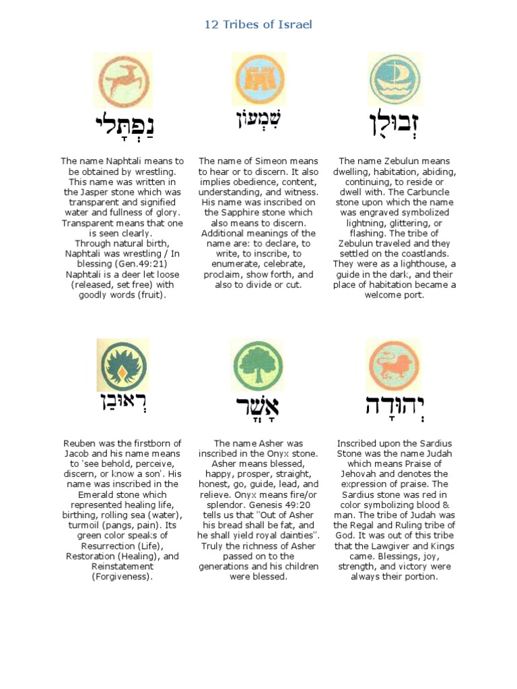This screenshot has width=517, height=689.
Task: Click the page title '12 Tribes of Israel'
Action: point(258,25)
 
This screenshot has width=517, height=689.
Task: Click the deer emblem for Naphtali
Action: point(122,81)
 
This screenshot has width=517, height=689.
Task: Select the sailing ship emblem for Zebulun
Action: point(394,80)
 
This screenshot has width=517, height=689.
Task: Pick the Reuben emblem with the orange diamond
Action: point(122,365)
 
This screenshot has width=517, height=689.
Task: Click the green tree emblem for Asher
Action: point(258,366)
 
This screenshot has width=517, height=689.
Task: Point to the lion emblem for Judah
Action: point(394,365)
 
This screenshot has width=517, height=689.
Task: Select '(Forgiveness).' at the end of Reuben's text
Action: point(122,577)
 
